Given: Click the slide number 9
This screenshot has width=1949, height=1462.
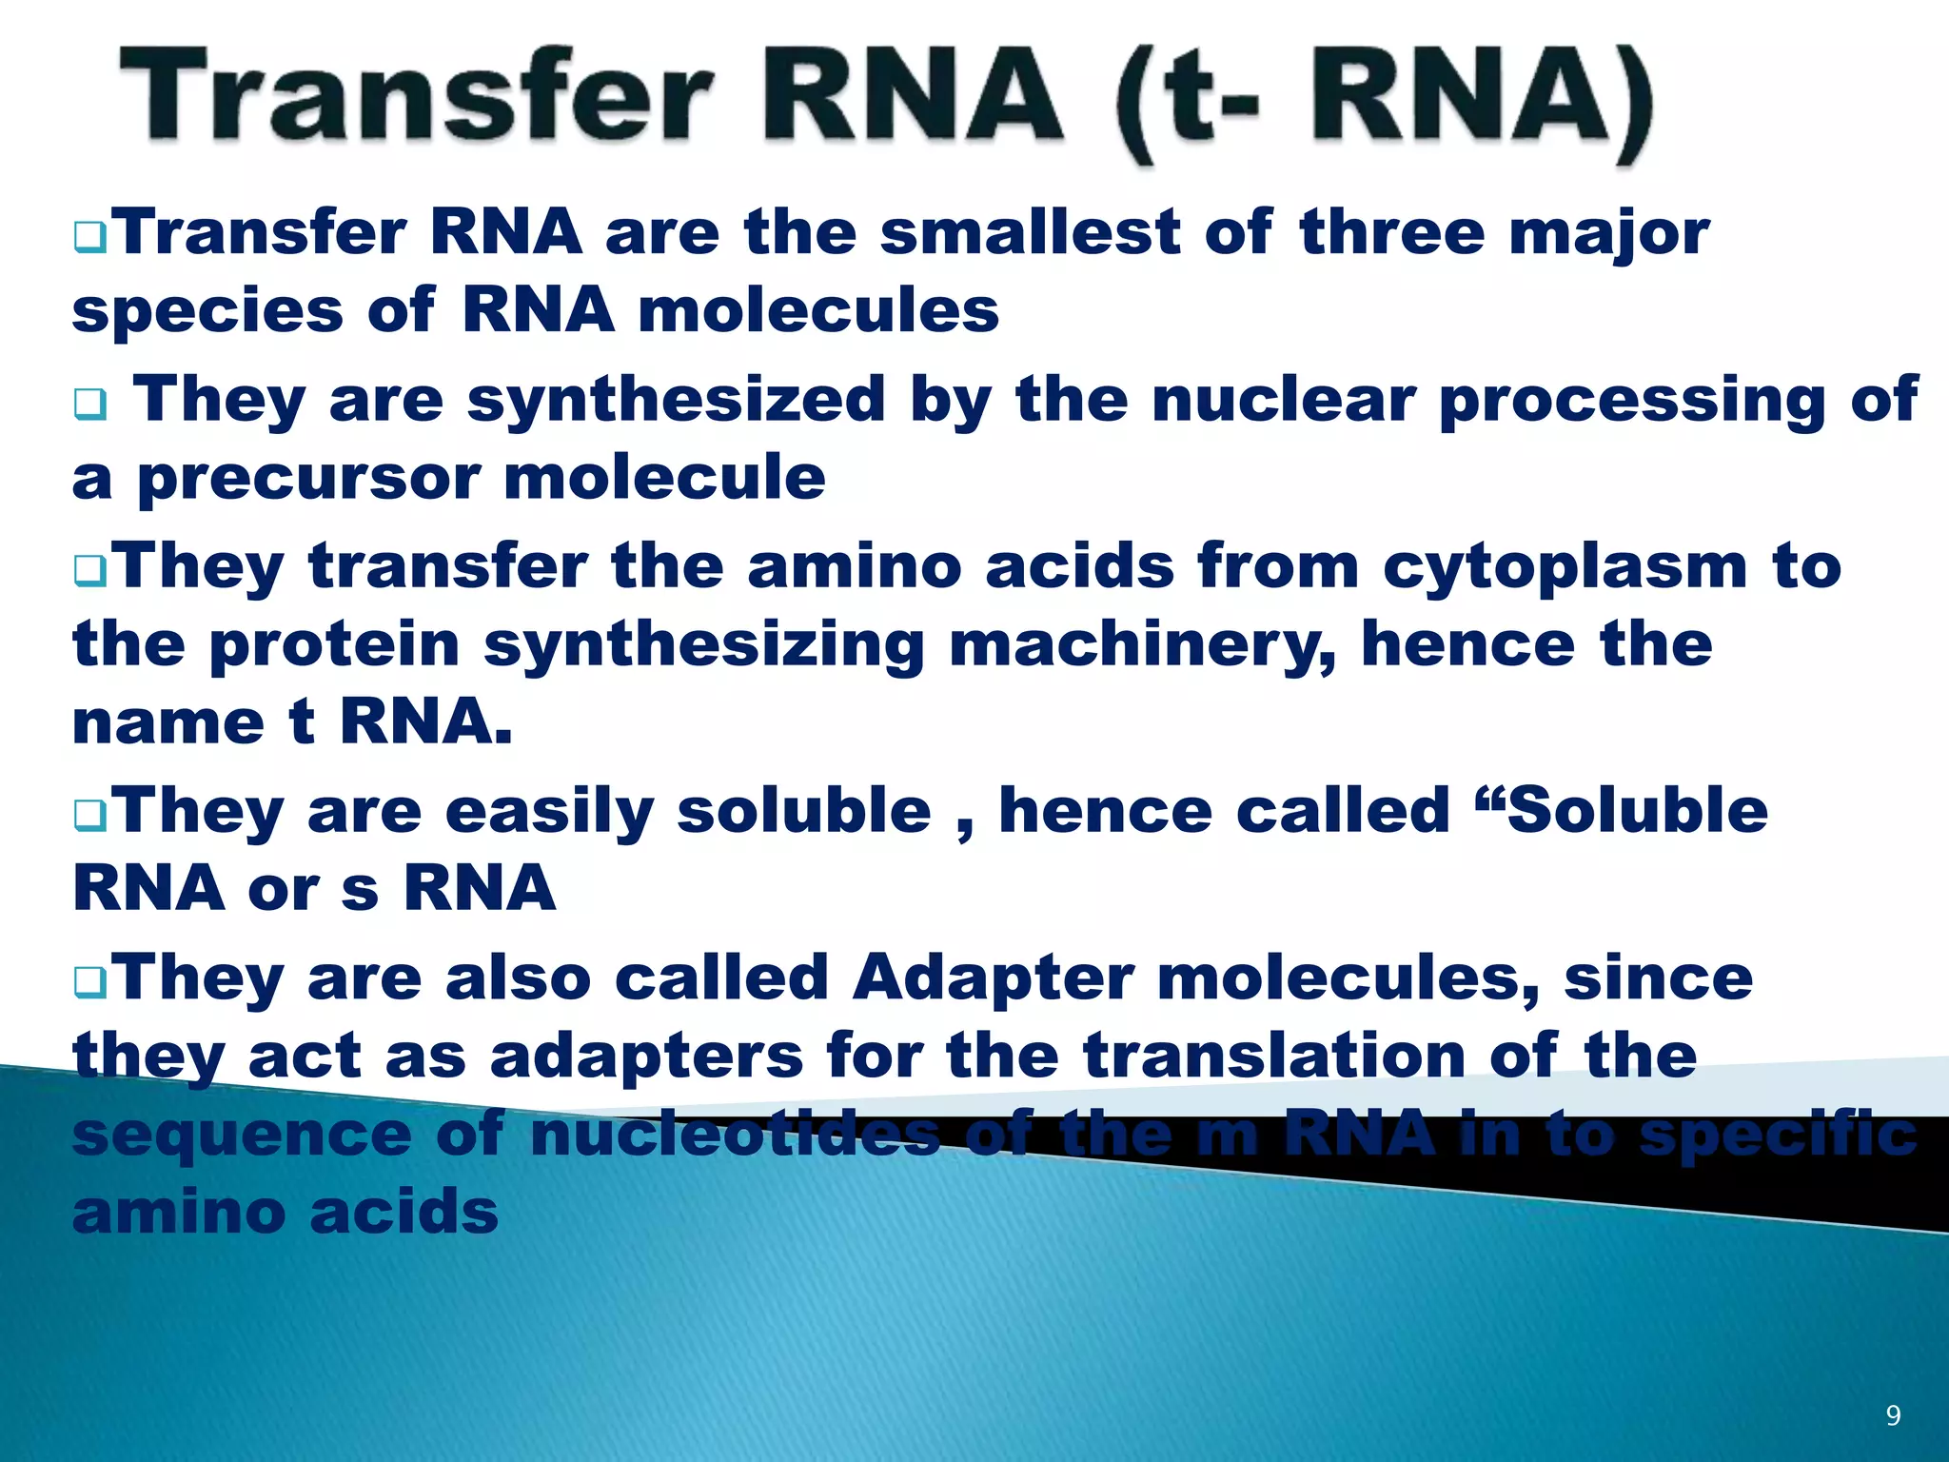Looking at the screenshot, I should [1893, 1415].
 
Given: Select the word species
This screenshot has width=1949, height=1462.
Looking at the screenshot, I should [207, 312].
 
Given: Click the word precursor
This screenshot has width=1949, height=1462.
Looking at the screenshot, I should [308, 478].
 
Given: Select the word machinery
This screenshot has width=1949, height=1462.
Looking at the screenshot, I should [1142, 645].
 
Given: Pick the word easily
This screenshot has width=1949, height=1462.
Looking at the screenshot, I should [549, 811].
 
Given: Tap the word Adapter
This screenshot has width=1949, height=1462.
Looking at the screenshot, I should [993, 978].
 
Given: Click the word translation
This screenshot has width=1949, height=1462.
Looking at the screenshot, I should [1275, 1057].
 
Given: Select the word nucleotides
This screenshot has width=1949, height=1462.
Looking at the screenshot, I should [735, 1135].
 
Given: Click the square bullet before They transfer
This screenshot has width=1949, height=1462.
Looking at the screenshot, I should [90, 572].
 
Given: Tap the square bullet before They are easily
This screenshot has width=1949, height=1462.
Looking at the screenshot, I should [90, 816].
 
